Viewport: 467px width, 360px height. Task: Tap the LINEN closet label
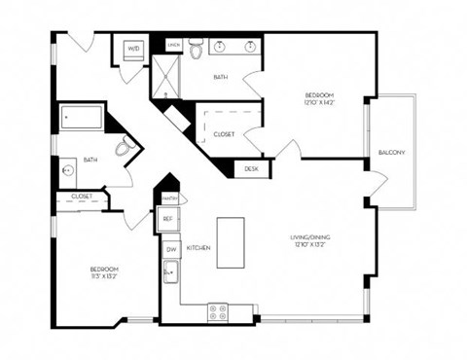pos(174,45)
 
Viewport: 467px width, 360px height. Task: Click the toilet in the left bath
pos(124,148)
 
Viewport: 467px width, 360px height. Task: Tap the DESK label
pos(251,168)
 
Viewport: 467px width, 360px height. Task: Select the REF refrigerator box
pos(167,220)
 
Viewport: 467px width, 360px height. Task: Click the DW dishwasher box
pos(170,249)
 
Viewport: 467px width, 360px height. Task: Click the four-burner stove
pos(218,313)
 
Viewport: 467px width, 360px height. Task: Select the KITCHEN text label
pos(198,249)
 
